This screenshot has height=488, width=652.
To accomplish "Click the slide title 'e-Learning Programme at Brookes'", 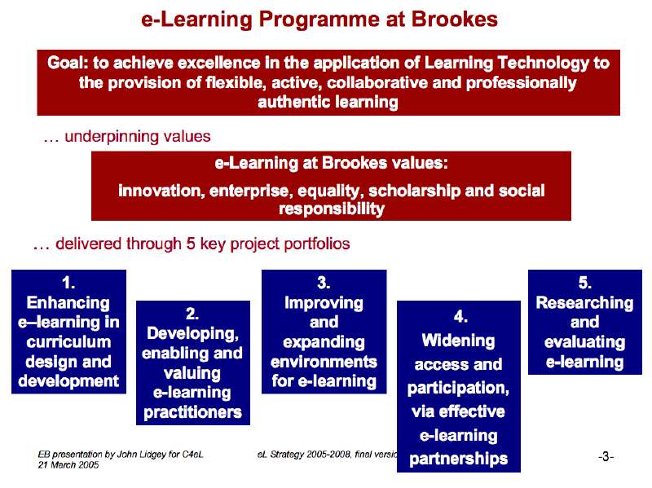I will (319, 20).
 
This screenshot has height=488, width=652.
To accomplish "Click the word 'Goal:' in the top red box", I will (69, 63).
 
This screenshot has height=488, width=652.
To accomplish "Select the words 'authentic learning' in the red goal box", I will (328, 102).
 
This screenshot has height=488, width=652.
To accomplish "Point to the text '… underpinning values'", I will (126, 136).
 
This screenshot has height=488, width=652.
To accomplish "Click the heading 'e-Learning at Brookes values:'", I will (331, 163).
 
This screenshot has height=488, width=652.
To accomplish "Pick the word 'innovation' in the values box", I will (160, 191).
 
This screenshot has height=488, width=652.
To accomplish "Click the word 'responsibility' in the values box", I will (331, 209).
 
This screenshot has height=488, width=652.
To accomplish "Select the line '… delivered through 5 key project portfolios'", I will (192, 244).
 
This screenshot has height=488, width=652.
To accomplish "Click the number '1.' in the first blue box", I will (68, 283).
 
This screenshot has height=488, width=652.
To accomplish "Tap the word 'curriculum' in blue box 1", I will (68, 342).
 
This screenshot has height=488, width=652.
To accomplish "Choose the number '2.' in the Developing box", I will (192, 314).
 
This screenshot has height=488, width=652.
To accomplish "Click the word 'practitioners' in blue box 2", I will (192, 412).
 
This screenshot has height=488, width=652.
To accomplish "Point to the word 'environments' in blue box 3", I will (324, 361).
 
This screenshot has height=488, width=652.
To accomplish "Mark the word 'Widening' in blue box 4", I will (458, 340).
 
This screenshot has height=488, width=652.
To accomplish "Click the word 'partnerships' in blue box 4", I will (458, 459).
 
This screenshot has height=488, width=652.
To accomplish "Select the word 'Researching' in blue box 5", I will (584, 302).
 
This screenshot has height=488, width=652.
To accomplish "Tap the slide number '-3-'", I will (606, 457).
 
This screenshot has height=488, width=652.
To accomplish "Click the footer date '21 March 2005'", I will (68, 464).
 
